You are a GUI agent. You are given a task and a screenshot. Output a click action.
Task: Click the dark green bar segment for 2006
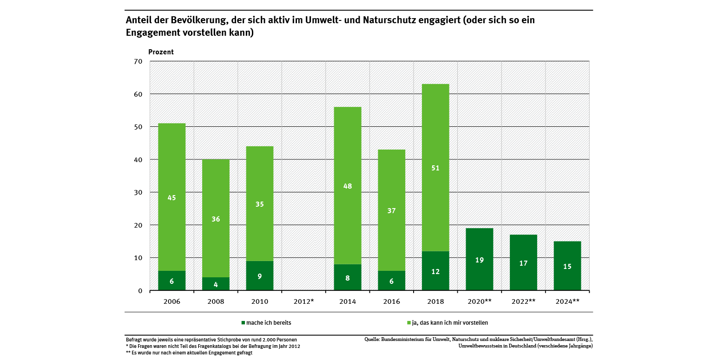point(172,281)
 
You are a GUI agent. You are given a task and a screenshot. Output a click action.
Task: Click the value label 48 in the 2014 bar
point(348,186)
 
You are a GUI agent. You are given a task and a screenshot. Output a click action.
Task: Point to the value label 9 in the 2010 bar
point(260,276)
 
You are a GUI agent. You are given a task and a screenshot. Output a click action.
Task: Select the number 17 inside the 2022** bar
point(523,263)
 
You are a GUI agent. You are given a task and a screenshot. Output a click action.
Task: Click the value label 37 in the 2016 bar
point(391,210)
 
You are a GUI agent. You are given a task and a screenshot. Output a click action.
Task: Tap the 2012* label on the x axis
point(304,301)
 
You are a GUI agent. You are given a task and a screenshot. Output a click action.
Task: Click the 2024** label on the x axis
point(567,301)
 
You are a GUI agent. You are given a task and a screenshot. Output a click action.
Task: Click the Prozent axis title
point(161,52)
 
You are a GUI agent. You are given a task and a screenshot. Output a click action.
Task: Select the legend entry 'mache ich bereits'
point(266,322)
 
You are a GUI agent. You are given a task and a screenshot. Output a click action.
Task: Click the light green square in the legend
point(408,322)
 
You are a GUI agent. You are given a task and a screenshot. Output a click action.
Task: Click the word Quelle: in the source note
point(372,340)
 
